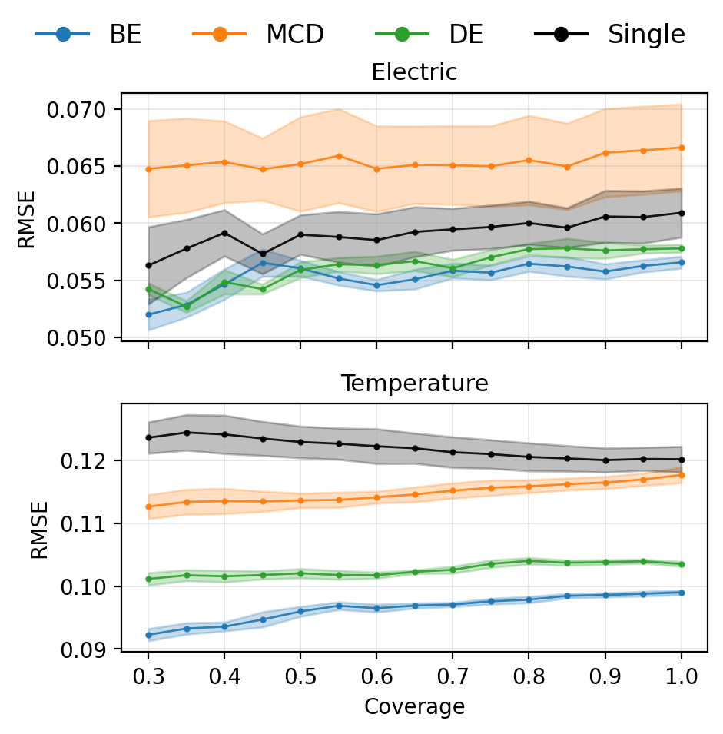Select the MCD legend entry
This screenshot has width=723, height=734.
tap(258, 35)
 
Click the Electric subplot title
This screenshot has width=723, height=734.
tap(414, 73)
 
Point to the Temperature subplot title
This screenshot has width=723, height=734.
tap(414, 384)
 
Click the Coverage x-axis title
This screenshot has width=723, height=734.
tap(414, 707)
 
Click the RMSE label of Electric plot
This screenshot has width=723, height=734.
tap(27, 223)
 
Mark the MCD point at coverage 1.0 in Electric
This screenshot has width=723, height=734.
tap(681, 148)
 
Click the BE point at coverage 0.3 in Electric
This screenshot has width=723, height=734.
tap(148, 314)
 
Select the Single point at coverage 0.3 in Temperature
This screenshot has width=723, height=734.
tap(148, 437)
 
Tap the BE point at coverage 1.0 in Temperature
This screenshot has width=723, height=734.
tap(681, 593)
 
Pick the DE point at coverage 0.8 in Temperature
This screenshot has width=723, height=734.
tap(529, 561)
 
